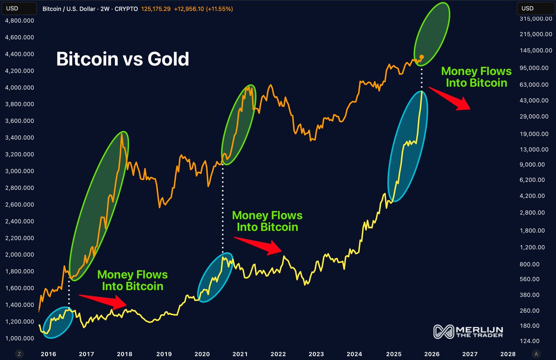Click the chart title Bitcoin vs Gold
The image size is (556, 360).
click(x=122, y=59)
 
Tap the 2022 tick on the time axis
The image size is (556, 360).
click(x=278, y=354)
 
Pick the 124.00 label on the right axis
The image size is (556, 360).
click(x=530, y=341)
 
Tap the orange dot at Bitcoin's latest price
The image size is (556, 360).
click(x=421, y=57)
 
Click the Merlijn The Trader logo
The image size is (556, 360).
click(x=468, y=331)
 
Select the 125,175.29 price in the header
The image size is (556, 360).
click(x=156, y=9)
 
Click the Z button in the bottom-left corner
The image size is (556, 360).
click(x=19, y=354)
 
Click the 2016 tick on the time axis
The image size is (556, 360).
click(x=48, y=354)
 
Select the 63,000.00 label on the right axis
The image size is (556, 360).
click(x=533, y=85)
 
